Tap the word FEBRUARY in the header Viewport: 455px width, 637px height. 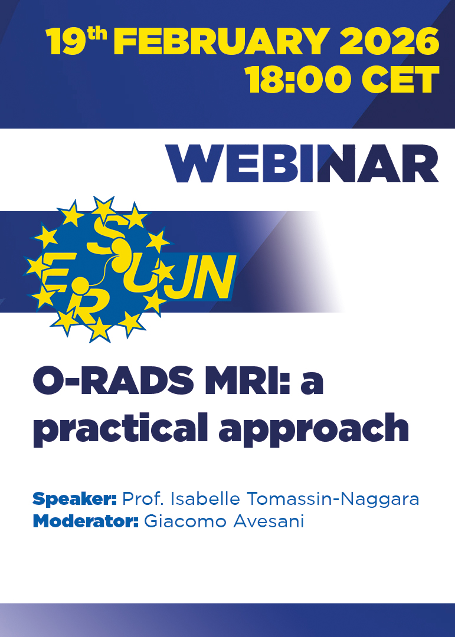[x=221, y=41]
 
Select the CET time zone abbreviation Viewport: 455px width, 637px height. [x=400, y=80]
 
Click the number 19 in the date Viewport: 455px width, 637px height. [x=66, y=41]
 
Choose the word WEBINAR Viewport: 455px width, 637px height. [x=302, y=164]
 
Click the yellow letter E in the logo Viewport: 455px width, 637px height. [x=58, y=271]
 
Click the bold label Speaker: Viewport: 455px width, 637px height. [x=75, y=499]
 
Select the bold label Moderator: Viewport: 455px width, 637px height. [x=86, y=521]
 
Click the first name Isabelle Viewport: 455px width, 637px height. [x=205, y=498]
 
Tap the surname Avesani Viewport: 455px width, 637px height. [x=269, y=521]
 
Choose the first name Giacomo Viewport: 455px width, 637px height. [x=186, y=521]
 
